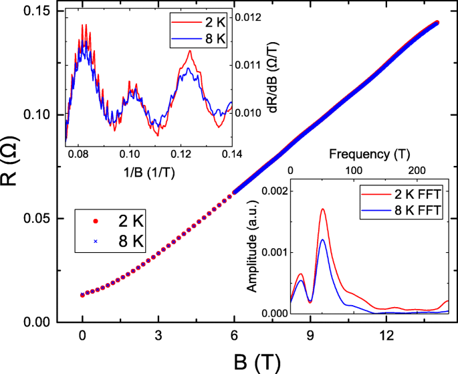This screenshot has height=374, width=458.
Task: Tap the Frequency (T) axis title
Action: click(369, 155)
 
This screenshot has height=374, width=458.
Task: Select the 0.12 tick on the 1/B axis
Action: click(181, 153)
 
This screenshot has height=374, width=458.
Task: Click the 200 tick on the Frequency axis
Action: click(416, 172)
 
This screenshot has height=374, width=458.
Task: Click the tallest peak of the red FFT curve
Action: click(323, 209)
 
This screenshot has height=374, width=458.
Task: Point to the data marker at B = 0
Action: click(82, 294)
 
